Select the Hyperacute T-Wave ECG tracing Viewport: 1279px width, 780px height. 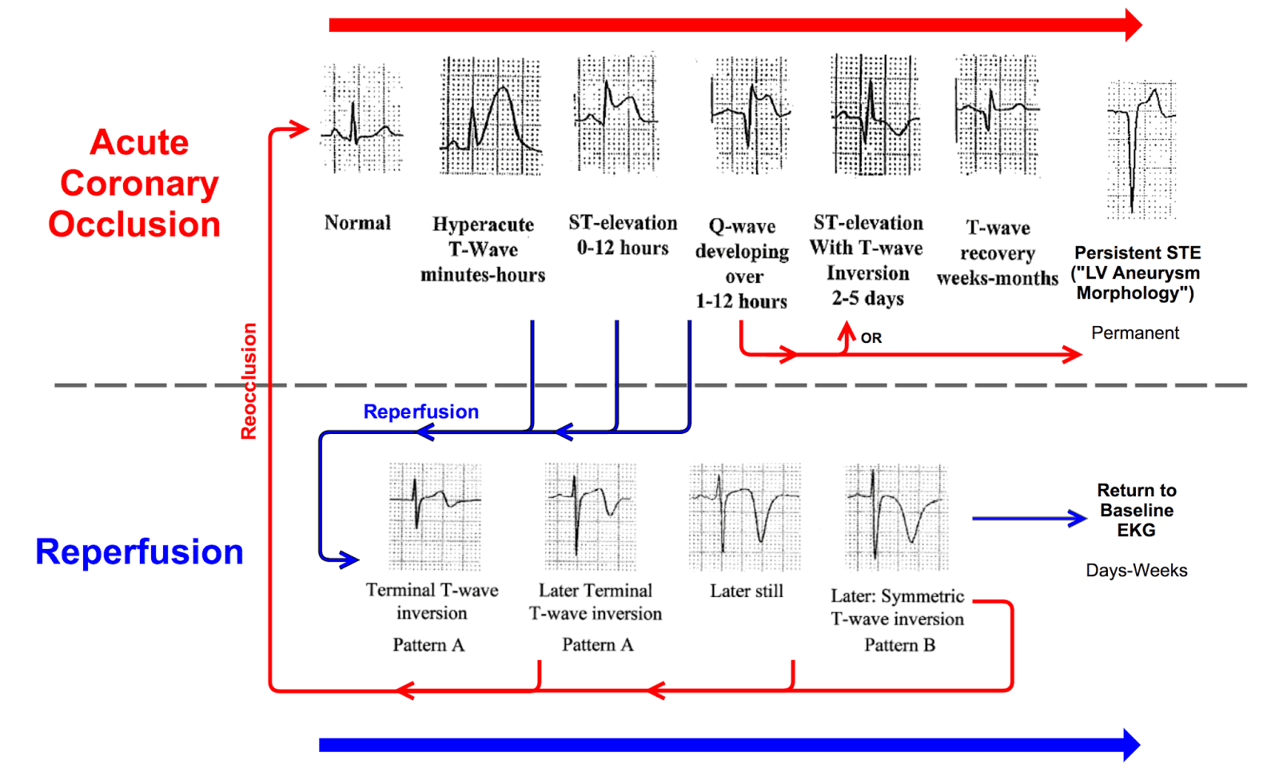(490, 117)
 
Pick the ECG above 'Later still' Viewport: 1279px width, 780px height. (744, 516)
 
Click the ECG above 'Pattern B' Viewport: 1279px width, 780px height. (896, 516)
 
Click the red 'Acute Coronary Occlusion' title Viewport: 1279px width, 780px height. (136, 183)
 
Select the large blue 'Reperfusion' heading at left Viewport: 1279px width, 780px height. (139, 552)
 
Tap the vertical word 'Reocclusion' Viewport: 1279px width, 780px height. (249, 380)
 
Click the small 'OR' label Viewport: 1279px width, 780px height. (871, 338)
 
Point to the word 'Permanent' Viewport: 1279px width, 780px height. (1134, 333)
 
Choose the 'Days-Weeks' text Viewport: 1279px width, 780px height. (1136, 571)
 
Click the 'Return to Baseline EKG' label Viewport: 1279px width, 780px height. (1136, 510)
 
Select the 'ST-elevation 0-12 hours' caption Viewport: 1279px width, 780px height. (623, 235)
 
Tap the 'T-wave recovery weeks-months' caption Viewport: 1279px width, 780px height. (998, 253)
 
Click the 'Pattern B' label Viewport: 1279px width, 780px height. (899, 645)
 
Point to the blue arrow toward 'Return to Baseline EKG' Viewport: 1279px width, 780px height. (1029, 519)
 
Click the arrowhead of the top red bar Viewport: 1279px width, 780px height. (1133, 26)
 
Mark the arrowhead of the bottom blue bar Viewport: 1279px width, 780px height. (1131, 745)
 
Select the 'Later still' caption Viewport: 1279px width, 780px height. (747, 591)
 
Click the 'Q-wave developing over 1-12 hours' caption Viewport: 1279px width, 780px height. (742, 264)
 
